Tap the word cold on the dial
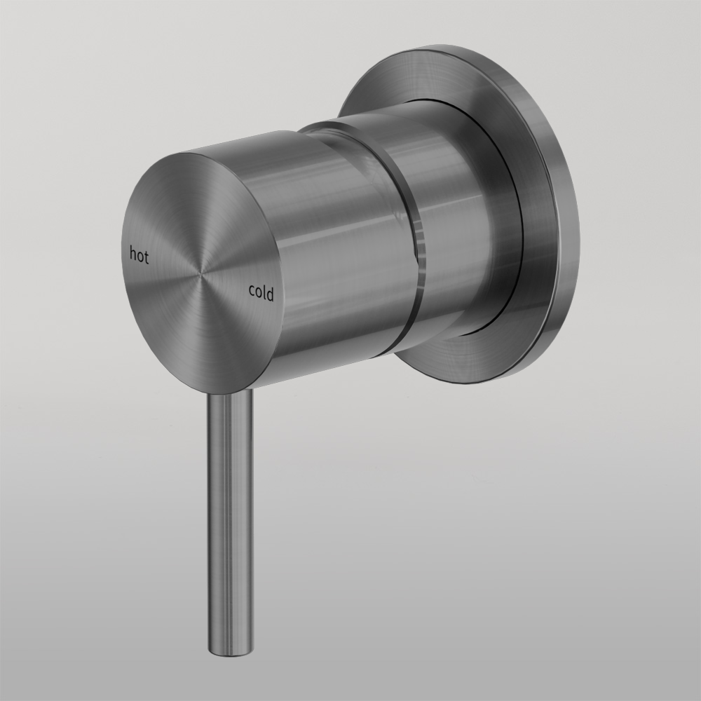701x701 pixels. (x=261, y=293)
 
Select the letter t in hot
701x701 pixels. (x=147, y=257)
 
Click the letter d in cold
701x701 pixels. (x=270, y=294)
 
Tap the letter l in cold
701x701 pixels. (x=264, y=292)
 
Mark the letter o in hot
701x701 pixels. (x=139, y=257)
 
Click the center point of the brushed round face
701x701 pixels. (x=204, y=272)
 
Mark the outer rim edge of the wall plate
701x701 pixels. (x=571, y=231)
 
